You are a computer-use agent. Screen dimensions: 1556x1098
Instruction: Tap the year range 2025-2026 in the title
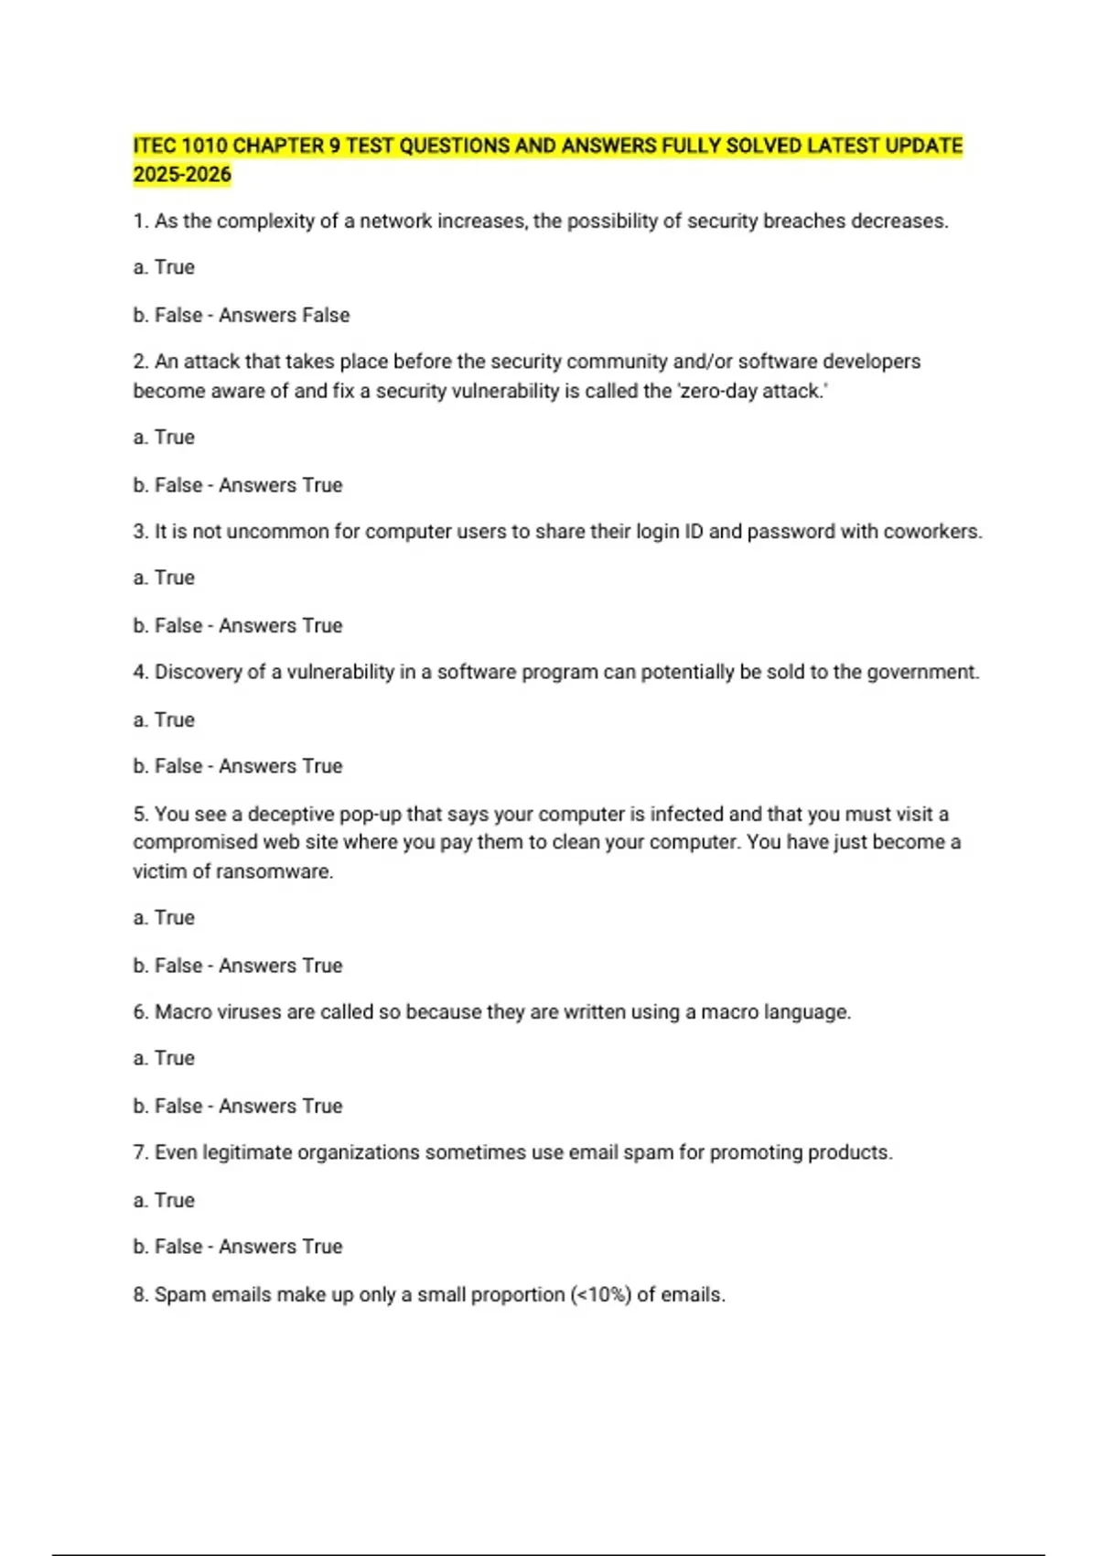click(x=182, y=175)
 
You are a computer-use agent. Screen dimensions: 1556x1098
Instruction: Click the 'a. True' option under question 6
click(x=164, y=1059)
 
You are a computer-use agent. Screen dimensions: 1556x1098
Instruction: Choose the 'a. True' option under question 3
click(x=164, y=578)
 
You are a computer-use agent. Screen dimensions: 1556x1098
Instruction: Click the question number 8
click(x=140, y=1295)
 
